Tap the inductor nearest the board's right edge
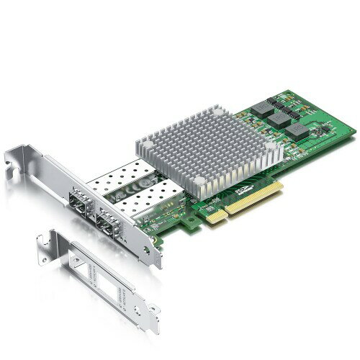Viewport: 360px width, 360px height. coord(298,131)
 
